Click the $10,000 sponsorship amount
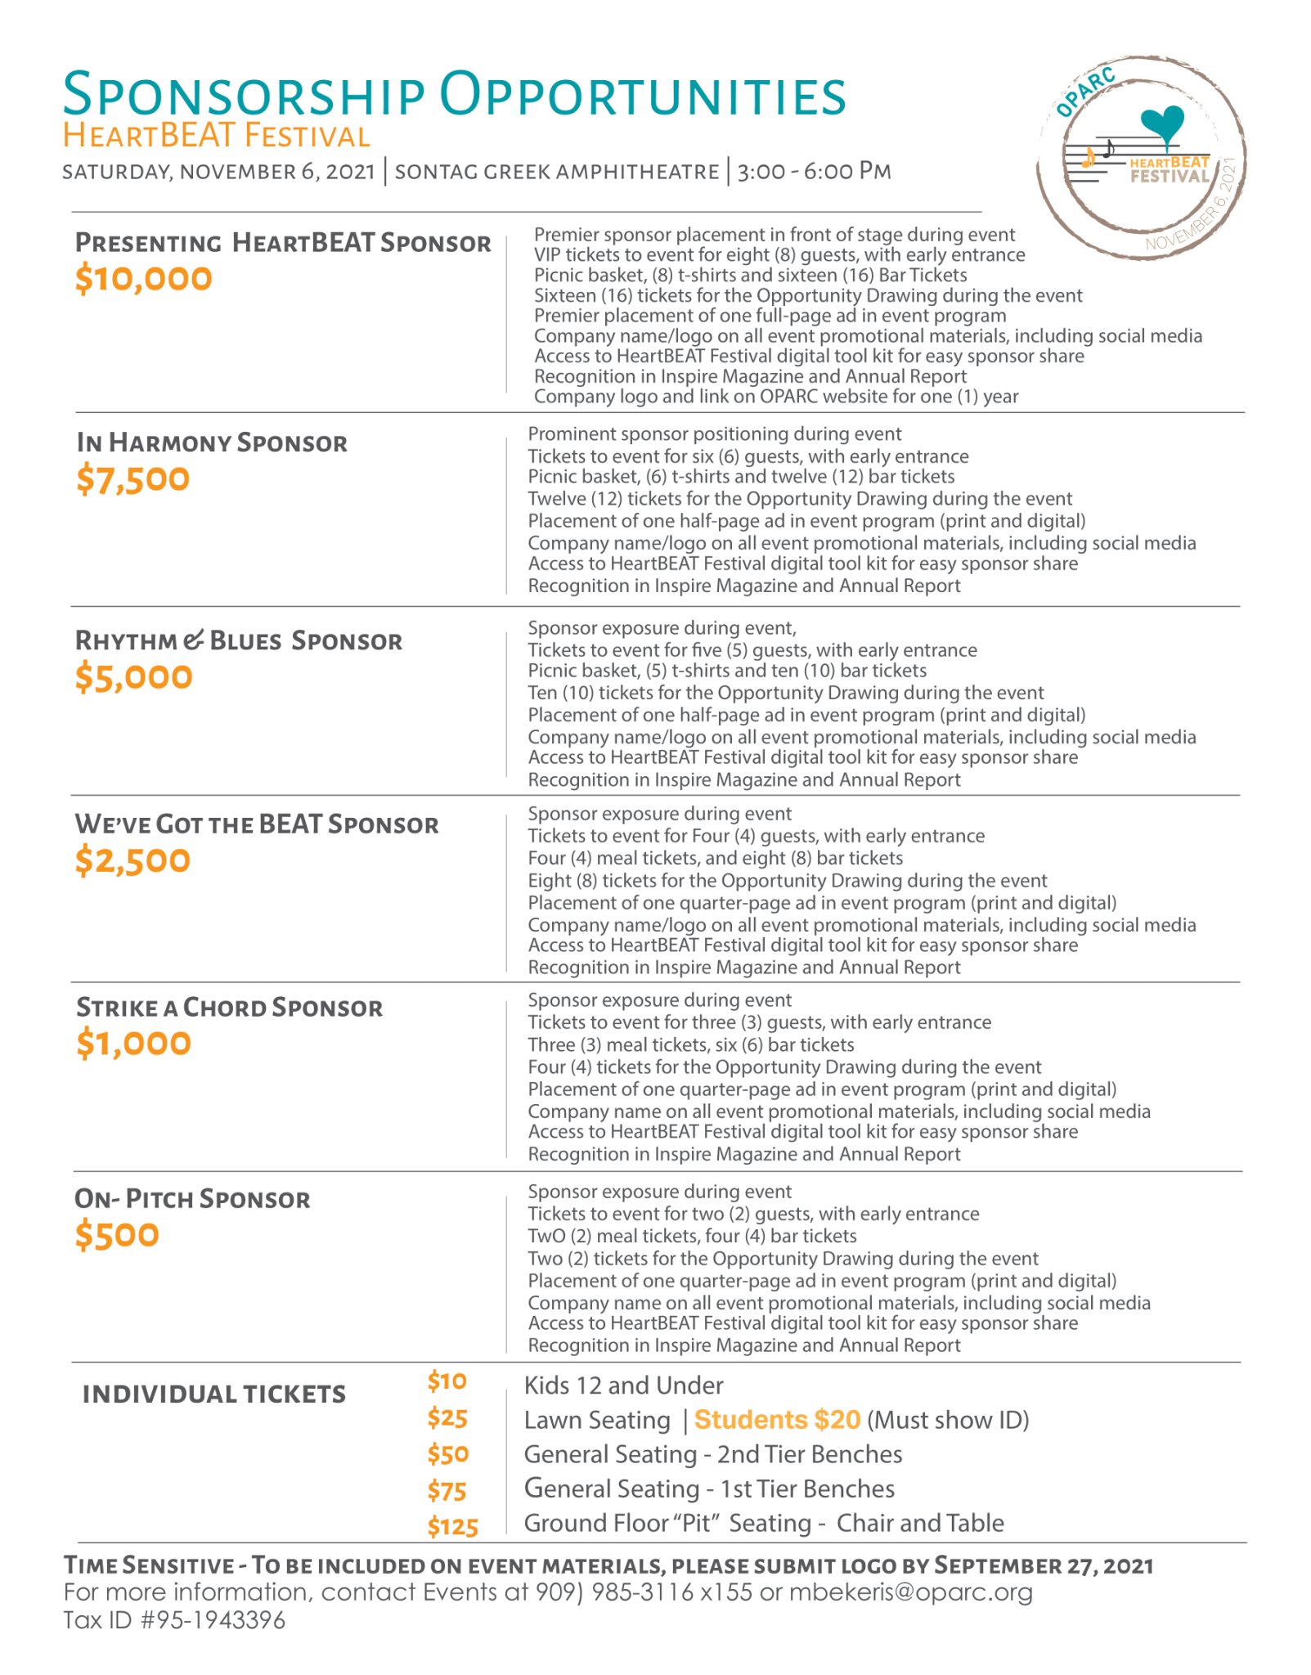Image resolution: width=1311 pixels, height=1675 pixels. (x=143, y=279)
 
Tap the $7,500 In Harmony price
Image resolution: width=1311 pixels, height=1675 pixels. (x=132, y=479)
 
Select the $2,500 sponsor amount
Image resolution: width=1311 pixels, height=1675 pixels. (x=132, y=860)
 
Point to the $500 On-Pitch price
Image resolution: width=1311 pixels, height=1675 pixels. (x=117, y=1235)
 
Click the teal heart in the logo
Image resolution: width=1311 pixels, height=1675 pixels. (x=1162, y=123)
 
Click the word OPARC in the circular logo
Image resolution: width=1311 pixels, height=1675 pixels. (x=1085, y=92)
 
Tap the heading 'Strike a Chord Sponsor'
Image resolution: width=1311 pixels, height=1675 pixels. (x=229, y=1008)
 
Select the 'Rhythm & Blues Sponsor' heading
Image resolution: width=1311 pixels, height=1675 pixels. (x=238, y=640)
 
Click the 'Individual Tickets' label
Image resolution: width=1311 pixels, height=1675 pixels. (x=213, y=1394)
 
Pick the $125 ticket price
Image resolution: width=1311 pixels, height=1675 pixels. (x=452, y=1527)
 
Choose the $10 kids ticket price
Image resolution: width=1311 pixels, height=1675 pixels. (x=447, y=1381)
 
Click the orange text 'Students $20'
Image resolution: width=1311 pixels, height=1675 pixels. (x=777, y=1420)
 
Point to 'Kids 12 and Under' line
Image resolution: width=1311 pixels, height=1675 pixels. (x=623, y=1385)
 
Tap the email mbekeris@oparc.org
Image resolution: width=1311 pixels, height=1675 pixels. (x=910, y=1592)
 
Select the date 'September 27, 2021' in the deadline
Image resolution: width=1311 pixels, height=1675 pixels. (x=1044, y=1565)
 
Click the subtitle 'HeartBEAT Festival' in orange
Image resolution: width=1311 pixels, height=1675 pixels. (x=217, y=136)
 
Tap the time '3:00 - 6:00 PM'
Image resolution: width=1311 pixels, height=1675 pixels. (x=814, y=172)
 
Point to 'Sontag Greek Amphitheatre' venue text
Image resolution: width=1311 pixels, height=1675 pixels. (x=556, y=172)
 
